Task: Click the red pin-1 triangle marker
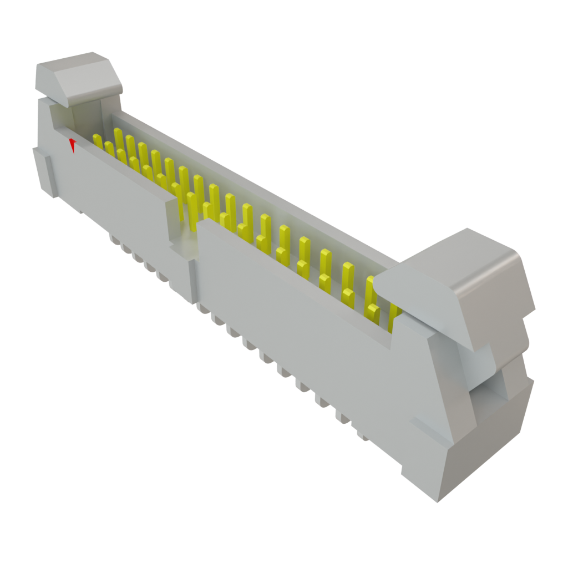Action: pos(72,145)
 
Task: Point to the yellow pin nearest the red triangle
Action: pos(98,140)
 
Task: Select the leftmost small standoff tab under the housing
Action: pos(114,239)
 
